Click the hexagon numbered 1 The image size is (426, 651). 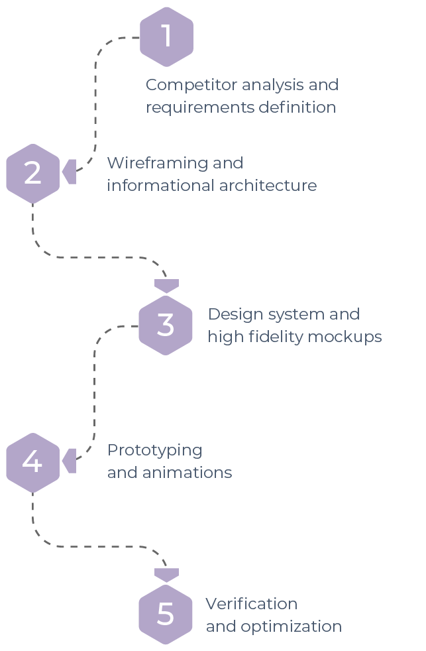tap(166, 37)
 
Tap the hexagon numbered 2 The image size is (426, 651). tap(32, 173)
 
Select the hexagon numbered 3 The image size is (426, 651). tap(166, 325)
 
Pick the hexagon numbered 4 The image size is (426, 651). tap(32, 462)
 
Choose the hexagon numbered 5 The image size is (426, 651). tap(166, 615)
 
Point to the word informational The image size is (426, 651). tap(158, 185)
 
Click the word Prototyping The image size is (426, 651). tap(154, 451)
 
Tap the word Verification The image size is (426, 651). tap(251, 604)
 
